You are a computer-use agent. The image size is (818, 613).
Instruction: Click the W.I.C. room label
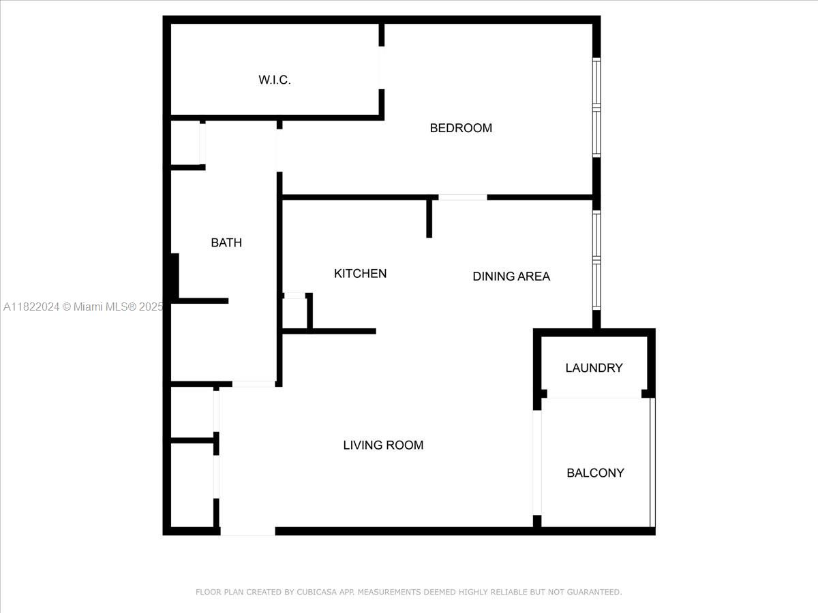pos(275,80)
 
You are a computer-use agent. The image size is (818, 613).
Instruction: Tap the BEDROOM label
pos(461,128)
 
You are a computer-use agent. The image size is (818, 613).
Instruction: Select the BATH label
pos(226,242)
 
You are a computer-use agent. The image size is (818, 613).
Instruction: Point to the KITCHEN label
pos(360,273)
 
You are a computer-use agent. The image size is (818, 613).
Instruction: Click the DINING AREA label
pos(511,276)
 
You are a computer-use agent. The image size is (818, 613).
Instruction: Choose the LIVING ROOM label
pos(383,445)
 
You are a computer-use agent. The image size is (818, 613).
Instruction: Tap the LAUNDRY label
pos(594,368)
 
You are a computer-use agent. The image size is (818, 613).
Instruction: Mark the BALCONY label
pos(595,473)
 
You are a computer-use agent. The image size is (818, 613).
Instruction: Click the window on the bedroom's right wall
pos(596,108)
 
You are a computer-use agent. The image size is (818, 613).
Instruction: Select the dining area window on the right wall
pos(596,260)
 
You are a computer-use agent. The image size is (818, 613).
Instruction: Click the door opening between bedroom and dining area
pos(463,198)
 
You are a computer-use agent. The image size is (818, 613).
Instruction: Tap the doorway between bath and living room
pos(254,384)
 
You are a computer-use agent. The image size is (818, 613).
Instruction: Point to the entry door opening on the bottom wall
pos(247,531)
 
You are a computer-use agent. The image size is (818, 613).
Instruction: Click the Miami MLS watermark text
pos(82,307)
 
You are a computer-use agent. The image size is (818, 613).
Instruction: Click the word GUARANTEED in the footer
pos(594,593)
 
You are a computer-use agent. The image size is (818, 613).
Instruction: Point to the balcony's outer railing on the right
pos(652,462)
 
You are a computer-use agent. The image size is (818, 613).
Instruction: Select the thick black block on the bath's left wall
pos(175,276)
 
